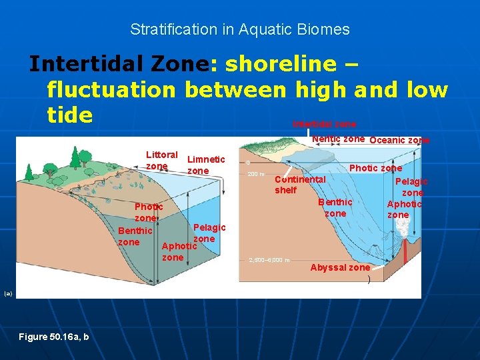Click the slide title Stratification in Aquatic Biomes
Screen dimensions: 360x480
point(239,29)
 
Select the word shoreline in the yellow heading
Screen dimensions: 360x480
point(281,64)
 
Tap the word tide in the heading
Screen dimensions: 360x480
point(69,115)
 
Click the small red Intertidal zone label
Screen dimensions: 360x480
point(324,125)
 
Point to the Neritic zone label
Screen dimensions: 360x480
point(338,139)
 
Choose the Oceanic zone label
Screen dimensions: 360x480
point(399,140)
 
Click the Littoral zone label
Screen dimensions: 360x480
point(161,160)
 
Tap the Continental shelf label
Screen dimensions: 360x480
point(300,185)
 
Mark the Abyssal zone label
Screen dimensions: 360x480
point(340,267)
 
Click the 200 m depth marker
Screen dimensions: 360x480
point(257,175)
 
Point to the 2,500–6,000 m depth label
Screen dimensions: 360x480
point(269,260)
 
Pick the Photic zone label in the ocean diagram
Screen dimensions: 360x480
point(375,168)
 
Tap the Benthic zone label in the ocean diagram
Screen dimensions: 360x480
point(335,207)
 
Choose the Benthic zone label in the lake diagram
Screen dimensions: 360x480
point(135,236)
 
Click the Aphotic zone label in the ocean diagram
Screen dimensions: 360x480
point(404,209)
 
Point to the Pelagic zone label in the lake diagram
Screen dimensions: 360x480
point(209,233)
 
